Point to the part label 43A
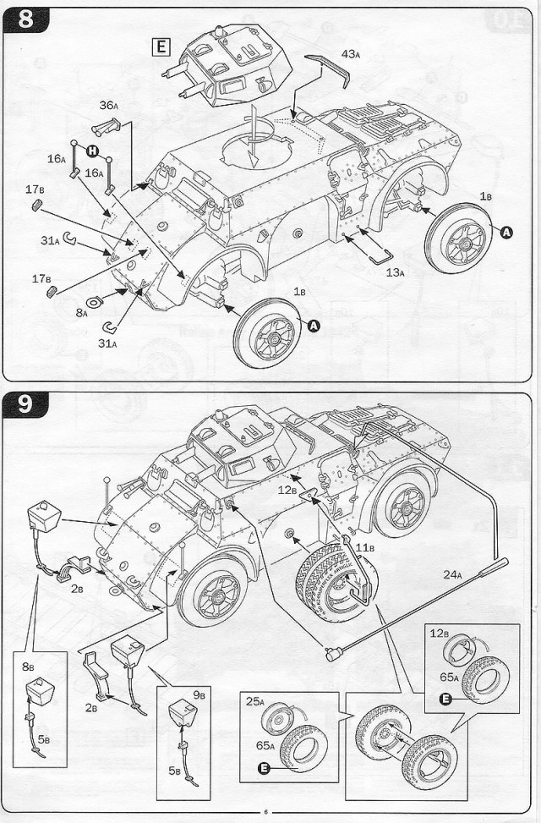click(351, 53)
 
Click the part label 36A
click(108, 105)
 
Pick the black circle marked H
click(91, 151)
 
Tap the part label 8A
click(81, 312)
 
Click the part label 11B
click(364, 548)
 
